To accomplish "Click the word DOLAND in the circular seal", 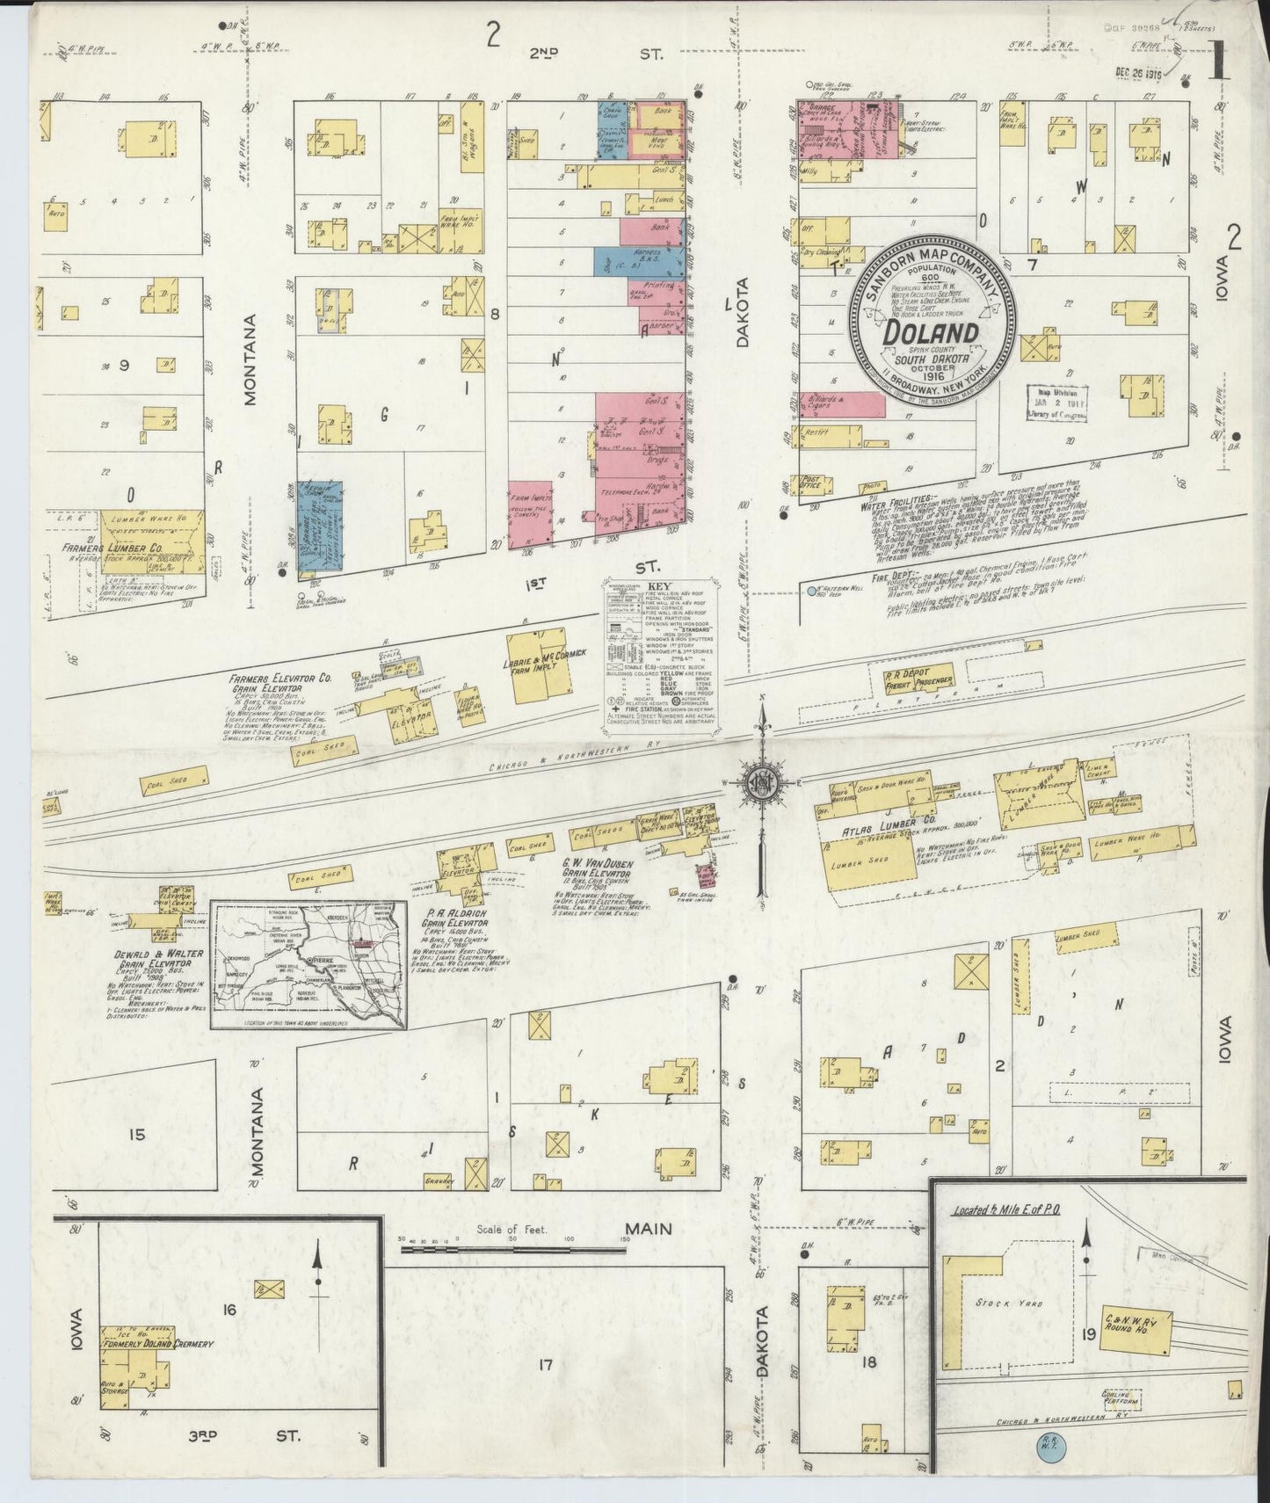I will pos(930,334).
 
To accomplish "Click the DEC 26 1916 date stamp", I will pos(1138,75).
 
